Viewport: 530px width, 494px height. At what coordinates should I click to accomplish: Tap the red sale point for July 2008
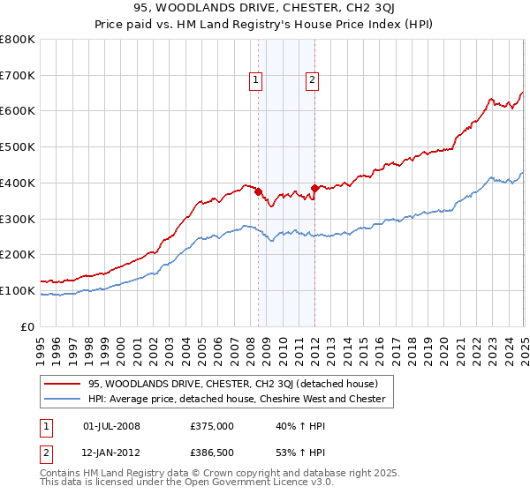(x=259, y=191)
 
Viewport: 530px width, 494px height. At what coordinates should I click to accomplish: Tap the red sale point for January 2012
(x=315, y=188)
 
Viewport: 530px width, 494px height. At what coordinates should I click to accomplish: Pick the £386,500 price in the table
(x=211, y=453)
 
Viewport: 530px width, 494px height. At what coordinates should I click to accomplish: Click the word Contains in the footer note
(x=63, y=474)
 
